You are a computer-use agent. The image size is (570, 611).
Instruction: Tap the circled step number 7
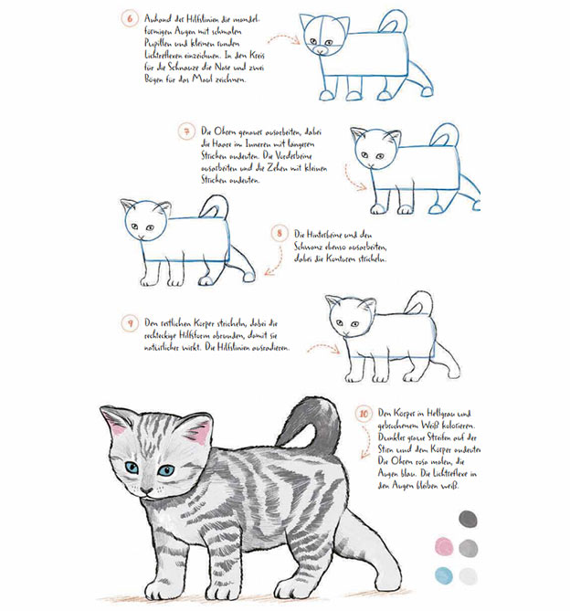pyautogui.click(x=187, y=132)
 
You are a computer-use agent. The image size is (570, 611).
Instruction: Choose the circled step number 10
pyautogui.click(x=364, y=414)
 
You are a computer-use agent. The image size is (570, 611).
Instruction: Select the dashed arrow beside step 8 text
pyautogui.click(x=270, y=266)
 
